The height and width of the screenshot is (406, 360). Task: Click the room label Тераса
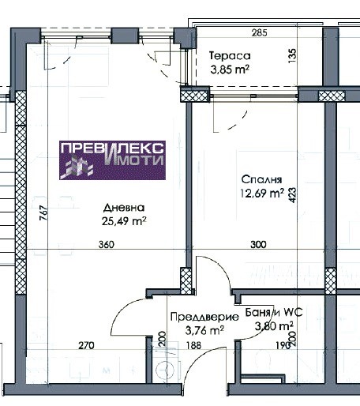click(x=230, y=56)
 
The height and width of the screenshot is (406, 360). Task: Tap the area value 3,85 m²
click(x=230, y=70)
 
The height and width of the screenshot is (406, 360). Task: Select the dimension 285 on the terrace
click(x=259, y=33)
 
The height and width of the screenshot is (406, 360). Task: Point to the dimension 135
click(x=292, y=55)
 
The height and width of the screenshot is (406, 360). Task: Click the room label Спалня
click(x=261, y=179)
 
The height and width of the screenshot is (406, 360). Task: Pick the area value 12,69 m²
click(x=262, y=194)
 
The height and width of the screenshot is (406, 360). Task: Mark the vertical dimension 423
click(x=292, y=195)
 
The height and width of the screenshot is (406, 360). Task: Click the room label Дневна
click(x=124, y=208)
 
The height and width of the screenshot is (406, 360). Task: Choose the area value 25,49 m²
click(x=124, y=221)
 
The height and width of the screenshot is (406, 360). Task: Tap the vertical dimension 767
click(x=43, y=212)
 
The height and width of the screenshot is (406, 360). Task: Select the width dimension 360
click(x=107, y=245)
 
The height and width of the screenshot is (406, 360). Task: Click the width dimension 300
click(x=258, y=245)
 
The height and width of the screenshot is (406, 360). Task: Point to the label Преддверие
click(x=204, y=317)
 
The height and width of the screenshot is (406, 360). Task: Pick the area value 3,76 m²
click(x=204, y=330)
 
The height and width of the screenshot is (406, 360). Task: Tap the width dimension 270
click(x=86, y=345)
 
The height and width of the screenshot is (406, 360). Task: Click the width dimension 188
click(x=193, y=345)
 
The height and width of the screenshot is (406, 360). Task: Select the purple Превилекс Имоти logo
click(x=112, y=160)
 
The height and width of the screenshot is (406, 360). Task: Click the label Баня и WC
click(x=274, y=313)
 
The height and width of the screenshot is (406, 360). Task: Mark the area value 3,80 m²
click(x=274, y=326)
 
